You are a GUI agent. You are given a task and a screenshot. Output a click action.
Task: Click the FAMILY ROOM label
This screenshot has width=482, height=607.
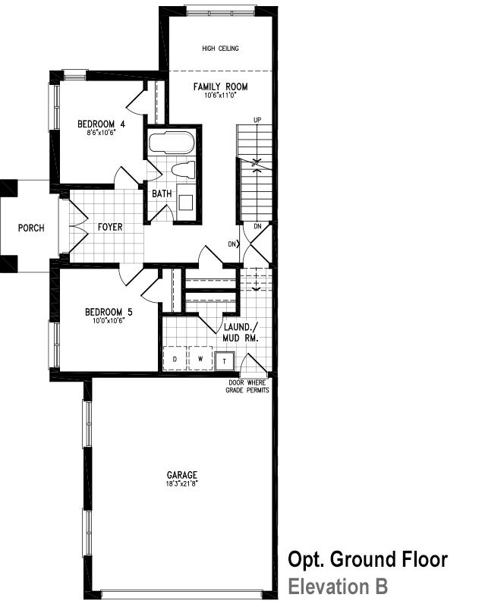(220, 86)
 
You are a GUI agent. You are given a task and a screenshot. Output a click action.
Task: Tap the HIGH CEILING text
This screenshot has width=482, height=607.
(220, 49)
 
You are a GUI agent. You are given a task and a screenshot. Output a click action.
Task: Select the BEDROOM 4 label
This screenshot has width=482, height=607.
(101, 124)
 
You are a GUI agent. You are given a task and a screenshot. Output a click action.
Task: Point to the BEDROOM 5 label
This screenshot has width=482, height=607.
(109, 312)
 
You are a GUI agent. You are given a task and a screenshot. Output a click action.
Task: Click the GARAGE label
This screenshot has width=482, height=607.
(182, 475)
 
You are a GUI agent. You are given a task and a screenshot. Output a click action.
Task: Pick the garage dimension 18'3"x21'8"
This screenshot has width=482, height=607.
(182, 483)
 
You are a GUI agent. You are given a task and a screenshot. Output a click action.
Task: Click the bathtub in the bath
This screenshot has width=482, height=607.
(171, 143)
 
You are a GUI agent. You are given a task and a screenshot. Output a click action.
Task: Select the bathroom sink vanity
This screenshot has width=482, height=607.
(185, 202)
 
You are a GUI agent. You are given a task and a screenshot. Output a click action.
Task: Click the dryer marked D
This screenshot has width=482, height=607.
(175, 358)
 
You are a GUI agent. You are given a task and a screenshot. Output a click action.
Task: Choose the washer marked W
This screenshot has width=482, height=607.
(200, 358)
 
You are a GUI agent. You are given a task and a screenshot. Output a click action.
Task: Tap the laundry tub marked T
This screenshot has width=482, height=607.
(225, 361)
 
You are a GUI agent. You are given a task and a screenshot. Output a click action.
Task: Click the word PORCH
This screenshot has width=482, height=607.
(31, 228)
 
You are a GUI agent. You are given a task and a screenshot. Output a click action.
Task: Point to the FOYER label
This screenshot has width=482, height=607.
(110, 227)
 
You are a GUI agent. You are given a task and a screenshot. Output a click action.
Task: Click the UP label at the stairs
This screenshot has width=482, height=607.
(257, 120)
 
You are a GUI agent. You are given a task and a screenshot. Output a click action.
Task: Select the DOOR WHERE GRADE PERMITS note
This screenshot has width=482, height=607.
(247, 386)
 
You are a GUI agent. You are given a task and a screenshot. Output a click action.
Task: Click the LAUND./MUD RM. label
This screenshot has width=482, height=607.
(241, 332)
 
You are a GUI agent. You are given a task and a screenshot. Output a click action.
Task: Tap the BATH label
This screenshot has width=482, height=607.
(162, 193)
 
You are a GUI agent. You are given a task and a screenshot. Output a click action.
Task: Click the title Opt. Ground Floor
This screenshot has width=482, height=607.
(368, 559)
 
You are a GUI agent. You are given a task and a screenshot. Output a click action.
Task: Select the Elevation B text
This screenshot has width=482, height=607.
(338, 587)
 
